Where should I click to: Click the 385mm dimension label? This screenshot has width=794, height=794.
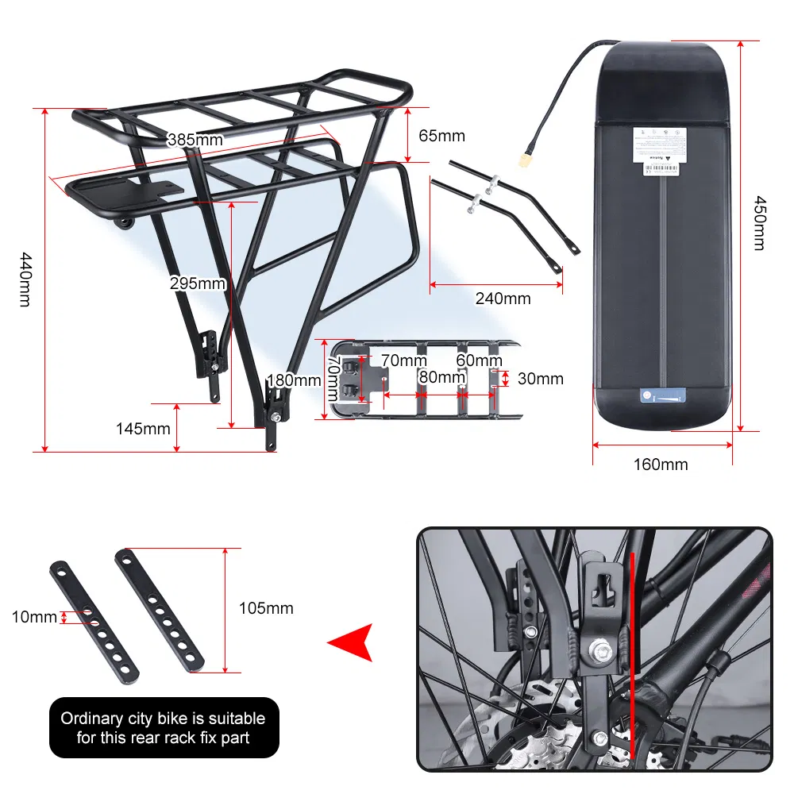coord(195,141)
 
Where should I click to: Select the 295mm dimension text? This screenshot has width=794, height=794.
coord(198,283)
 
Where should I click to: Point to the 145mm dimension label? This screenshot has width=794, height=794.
coord(143,429)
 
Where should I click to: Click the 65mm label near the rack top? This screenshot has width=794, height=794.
coord(441,136)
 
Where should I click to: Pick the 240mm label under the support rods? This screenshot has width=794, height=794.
coord(503,299)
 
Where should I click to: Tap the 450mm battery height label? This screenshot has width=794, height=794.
coord(759,223)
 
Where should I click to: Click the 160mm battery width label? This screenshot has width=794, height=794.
coord(661,464)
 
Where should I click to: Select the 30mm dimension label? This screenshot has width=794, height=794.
coord(540,379)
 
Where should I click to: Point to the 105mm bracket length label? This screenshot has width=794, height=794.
coord(266,608)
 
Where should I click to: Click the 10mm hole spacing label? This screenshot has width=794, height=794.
coord(34,616)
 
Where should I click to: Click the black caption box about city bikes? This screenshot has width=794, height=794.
coord(164,727)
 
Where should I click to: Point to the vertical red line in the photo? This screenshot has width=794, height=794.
coord(632,651)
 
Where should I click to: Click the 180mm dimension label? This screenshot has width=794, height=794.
coord(294,380)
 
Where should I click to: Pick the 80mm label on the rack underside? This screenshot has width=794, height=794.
coord(441,377)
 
